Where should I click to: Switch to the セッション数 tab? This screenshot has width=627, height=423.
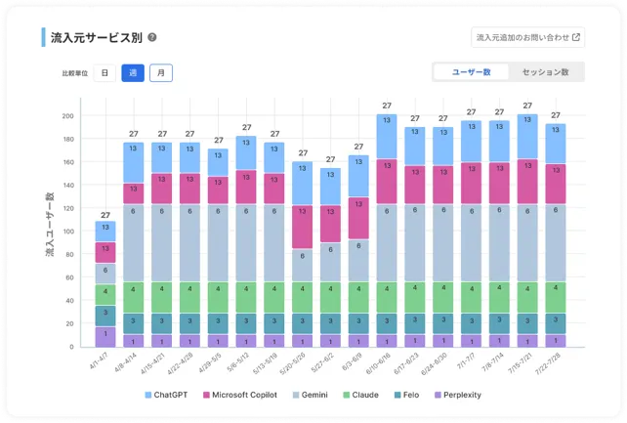coord(545,72)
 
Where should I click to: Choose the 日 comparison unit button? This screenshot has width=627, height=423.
coord(104,73)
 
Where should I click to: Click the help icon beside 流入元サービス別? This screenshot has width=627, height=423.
coord(152,39)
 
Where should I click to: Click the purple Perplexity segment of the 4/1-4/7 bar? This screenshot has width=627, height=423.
coord(104,336)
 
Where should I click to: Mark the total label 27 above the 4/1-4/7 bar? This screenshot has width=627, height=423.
coord(104,215)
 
